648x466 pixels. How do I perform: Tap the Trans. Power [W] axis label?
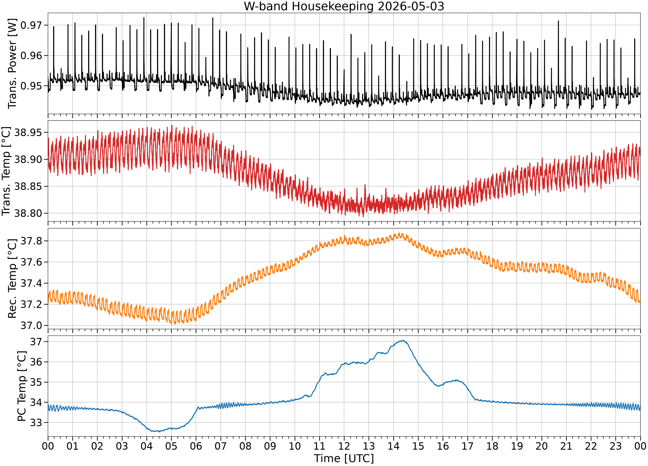pos(12,63)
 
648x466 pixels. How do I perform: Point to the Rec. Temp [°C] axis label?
pos(12,279)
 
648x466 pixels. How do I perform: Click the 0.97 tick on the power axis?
pos(31,25)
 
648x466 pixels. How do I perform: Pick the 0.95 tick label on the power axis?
pos(31,86)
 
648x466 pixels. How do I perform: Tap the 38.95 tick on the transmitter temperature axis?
pos(28,132)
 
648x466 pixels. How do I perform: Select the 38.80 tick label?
pos(28,213)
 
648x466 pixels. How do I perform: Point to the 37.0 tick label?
pos(31,325)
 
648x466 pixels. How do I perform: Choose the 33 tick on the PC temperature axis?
pos(36,423)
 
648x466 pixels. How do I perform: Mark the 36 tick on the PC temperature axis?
pos(36,362)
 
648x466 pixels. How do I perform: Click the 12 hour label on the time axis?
pos(344,446)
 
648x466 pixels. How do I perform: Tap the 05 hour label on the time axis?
pos(171,446)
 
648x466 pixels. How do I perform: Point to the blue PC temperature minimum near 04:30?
pos(159,431)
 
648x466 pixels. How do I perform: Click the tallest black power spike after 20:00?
pos(558,21)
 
